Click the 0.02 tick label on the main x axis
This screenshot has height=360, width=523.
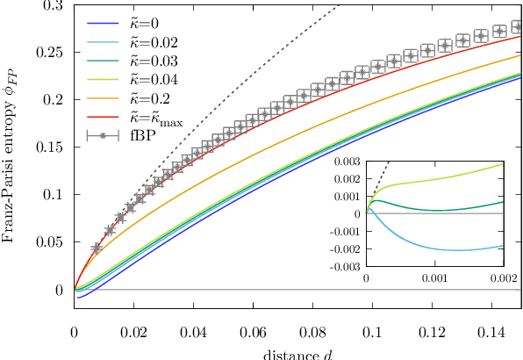coord(134,335)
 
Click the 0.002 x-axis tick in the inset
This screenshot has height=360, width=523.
coord(504,277)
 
